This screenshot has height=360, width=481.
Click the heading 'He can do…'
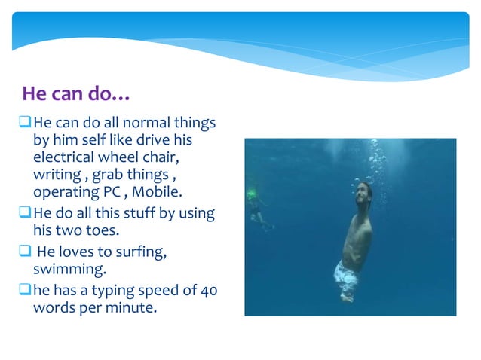coord(76,94)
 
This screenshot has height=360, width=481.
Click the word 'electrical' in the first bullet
coord(62,157)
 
